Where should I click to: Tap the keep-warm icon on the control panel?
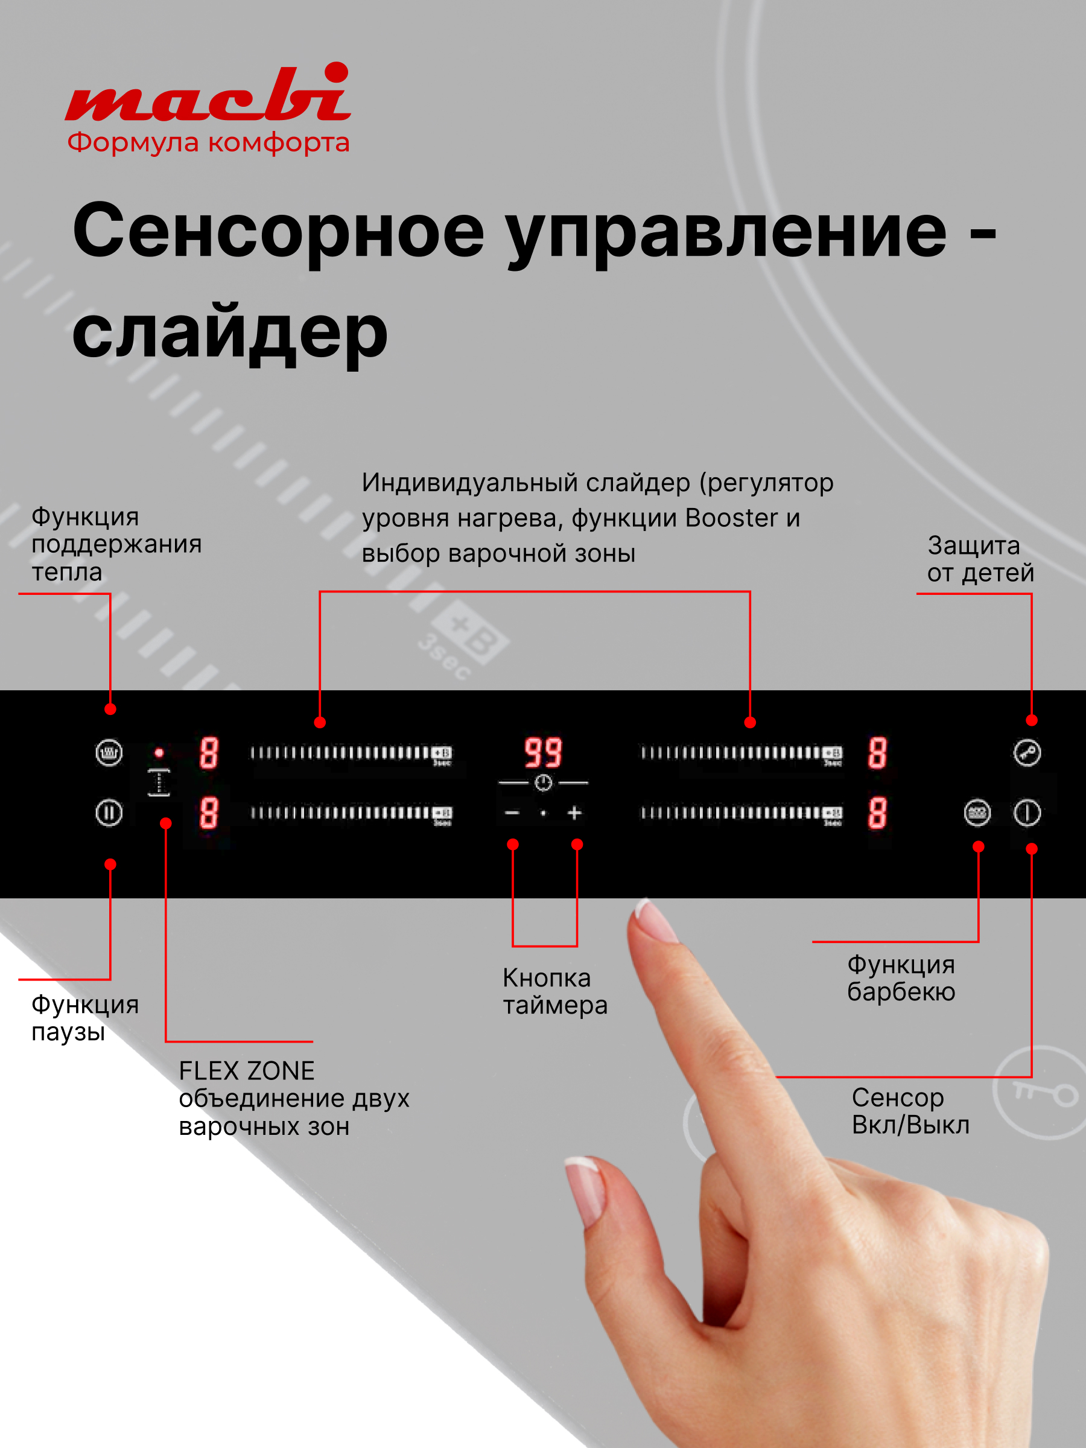pos(109,753)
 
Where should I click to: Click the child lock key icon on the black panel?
pos(1026,753)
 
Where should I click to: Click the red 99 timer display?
pos(542,753)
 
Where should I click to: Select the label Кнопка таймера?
pos(554,992)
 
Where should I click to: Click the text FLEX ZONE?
pos(247,1071)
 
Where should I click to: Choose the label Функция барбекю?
pos(901,979)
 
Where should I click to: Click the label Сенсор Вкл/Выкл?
pos(910,1111)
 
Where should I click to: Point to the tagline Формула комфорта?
pos(208,143)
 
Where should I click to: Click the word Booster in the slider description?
pos(731,518)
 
